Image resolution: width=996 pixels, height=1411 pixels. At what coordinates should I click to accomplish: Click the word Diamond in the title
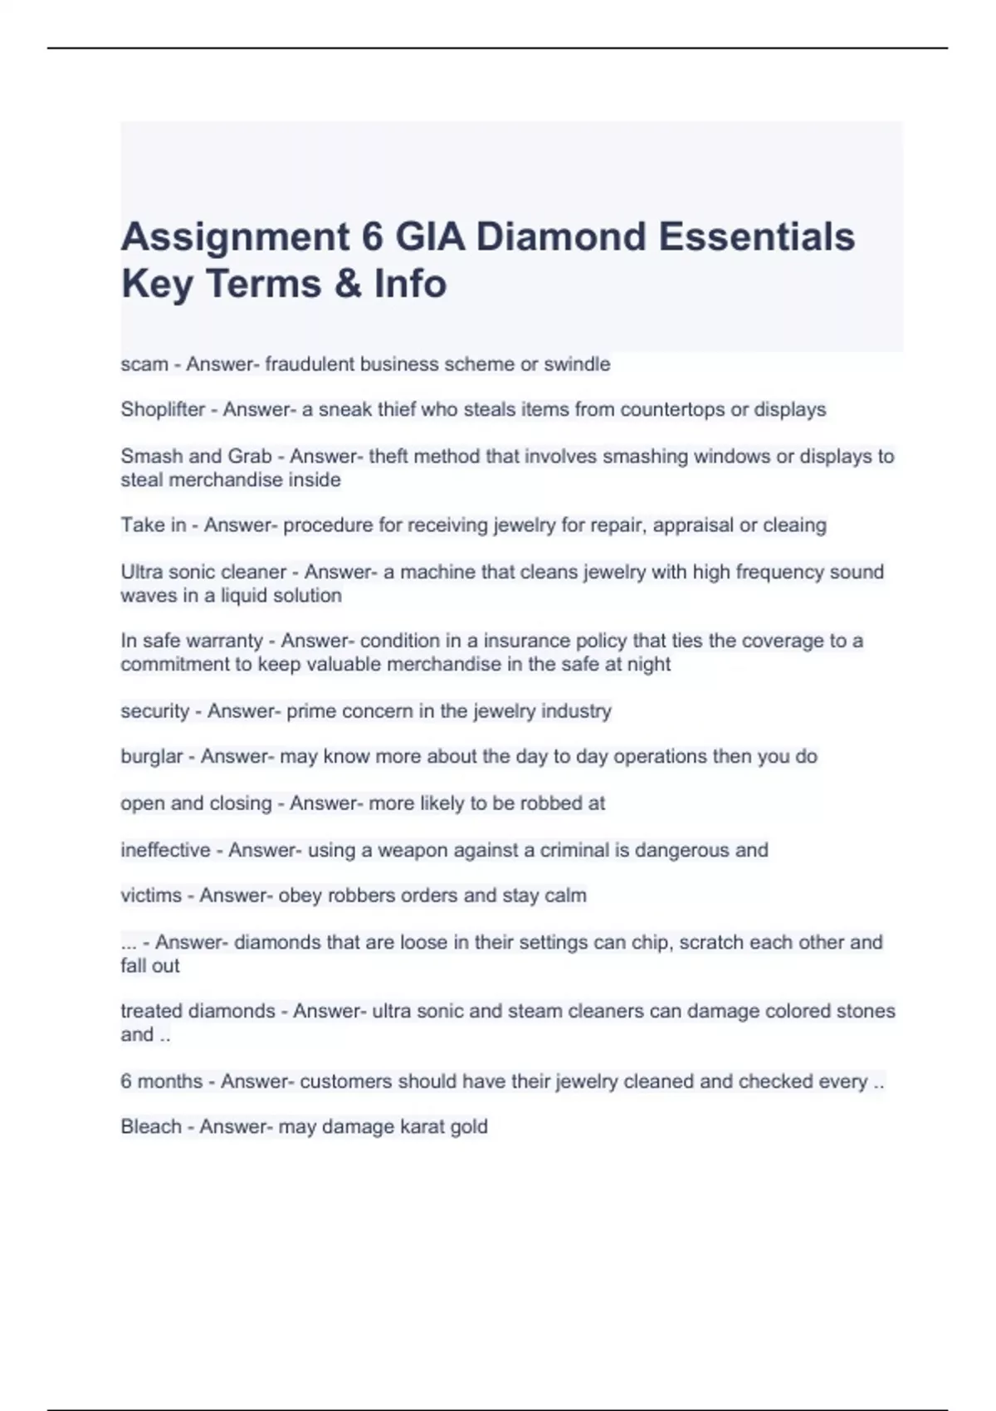point(560,237)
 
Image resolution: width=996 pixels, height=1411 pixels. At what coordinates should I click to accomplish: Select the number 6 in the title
point(372,237)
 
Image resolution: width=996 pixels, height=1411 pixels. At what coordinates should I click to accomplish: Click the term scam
point(144,364)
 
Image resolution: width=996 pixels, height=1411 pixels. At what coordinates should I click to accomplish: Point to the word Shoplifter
point(163,410)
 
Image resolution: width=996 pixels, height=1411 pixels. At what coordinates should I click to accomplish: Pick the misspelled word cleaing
point(795,525)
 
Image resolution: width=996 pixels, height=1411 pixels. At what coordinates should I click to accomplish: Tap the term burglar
point(152,757)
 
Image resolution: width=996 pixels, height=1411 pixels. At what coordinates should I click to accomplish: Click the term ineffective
point(165,850)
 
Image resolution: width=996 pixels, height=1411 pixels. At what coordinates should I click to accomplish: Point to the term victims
point(151,896)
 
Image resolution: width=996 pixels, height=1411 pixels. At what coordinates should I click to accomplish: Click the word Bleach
point(151,1127)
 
